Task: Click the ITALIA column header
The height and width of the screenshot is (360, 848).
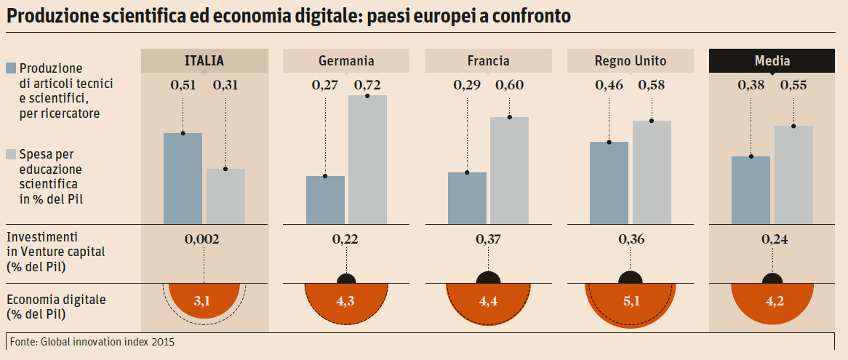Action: click(204, 61)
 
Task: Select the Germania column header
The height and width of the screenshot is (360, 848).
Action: click(346, 61)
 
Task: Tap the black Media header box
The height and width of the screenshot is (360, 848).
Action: click(772, 61)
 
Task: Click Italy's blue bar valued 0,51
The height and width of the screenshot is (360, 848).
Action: click(183, 178)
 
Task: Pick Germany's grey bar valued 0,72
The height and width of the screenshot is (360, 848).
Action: click(367, 159)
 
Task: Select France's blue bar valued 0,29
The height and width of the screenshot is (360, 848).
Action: click(467, 198)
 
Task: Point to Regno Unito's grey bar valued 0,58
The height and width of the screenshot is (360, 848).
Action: click(652, 172)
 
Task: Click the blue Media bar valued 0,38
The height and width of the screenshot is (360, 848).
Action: click(751, 190)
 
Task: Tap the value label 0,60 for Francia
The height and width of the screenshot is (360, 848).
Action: click(510, 85)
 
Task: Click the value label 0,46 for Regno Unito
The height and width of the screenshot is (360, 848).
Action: click(609, 85)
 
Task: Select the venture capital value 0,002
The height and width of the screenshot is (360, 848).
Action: click(204, 239)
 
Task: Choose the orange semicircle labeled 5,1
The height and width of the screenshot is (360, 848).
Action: click(631, 302)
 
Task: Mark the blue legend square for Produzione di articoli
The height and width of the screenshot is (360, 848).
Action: click(11, 68)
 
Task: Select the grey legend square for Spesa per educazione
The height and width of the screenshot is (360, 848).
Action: click(11, 154)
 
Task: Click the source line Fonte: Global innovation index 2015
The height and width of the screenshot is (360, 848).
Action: click(92, 341)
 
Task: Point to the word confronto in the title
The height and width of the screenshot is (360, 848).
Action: click(528, 16)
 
